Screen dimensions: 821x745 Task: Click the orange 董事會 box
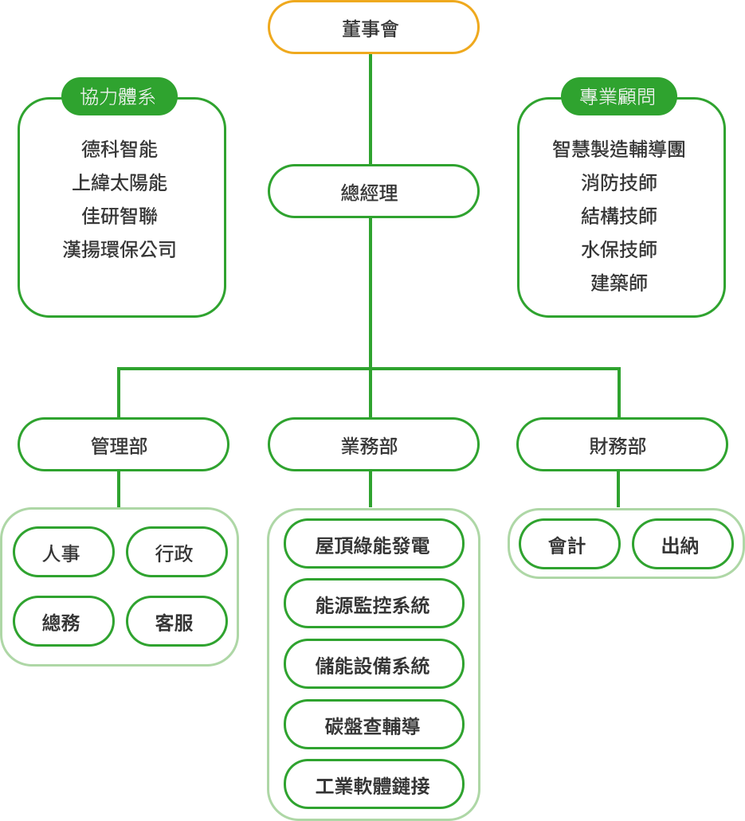coord(373,28)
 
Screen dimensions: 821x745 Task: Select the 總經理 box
coord(373,191)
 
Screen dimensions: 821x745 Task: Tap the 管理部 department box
coord(123,444)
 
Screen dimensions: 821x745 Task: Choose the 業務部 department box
coord(373,444)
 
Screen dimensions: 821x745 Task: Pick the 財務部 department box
coord(621,444)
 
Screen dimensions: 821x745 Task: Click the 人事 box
coord(63,551)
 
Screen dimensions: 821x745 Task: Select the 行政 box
coord(176,551)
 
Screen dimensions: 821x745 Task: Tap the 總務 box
coord(63,621)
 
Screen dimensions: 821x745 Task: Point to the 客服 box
coord(176,621)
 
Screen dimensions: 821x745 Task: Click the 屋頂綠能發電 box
coord(374,544)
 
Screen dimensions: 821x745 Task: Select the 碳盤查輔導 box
coord(374,724)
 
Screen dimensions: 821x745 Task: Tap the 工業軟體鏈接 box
coord(374,784)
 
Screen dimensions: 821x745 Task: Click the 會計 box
coord(569,544)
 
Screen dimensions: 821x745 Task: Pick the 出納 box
coord(682,544)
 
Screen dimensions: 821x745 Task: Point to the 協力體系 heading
coord(119,96)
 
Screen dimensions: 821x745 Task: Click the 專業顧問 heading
coord(619,96)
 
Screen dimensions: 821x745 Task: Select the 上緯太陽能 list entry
coord(120,182)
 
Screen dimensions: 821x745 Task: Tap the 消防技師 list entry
coord(619,182)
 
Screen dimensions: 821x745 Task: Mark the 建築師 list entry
coord(619,282)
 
